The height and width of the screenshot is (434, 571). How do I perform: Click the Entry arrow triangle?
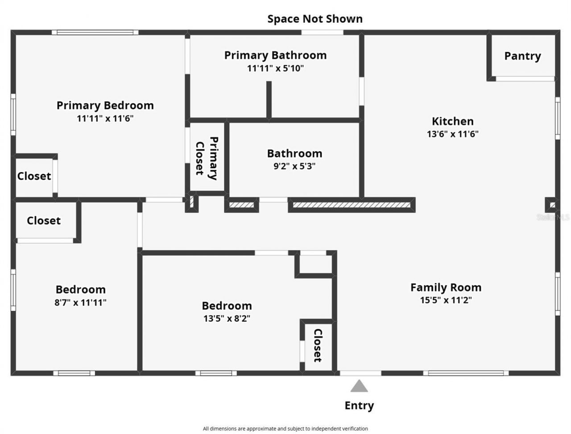[359, 386]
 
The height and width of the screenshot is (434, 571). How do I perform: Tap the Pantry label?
[522, 56]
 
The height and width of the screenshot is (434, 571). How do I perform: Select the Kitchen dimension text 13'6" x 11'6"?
[452, 134]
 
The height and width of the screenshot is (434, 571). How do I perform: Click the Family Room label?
[446, 287]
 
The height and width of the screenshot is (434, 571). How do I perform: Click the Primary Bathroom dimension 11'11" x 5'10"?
[275, 68]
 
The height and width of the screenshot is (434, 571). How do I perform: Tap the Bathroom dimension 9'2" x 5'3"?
[294, 166]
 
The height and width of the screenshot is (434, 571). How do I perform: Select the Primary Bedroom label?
[105, 105]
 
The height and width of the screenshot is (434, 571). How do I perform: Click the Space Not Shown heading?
[314, 19]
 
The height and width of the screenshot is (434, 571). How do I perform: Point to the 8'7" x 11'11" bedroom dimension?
[80, 302]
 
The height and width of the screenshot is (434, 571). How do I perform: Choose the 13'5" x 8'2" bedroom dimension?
[227, 318]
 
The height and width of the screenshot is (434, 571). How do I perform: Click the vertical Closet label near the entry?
[318, 346]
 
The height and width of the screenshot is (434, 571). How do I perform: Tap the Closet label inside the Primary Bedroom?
[34, 176]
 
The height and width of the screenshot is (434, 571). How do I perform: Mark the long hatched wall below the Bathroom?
[351, 205]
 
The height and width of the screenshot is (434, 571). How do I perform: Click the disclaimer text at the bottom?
[285, 429]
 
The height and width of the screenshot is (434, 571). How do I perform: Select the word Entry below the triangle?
[359, 405]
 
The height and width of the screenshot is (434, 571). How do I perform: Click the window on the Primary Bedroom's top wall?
[95, 32]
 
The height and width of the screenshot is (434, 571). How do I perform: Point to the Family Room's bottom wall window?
[466, 373]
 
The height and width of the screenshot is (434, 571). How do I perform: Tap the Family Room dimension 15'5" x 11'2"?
[446, 300]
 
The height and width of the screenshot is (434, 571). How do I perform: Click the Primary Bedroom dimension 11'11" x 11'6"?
[105, 119]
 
